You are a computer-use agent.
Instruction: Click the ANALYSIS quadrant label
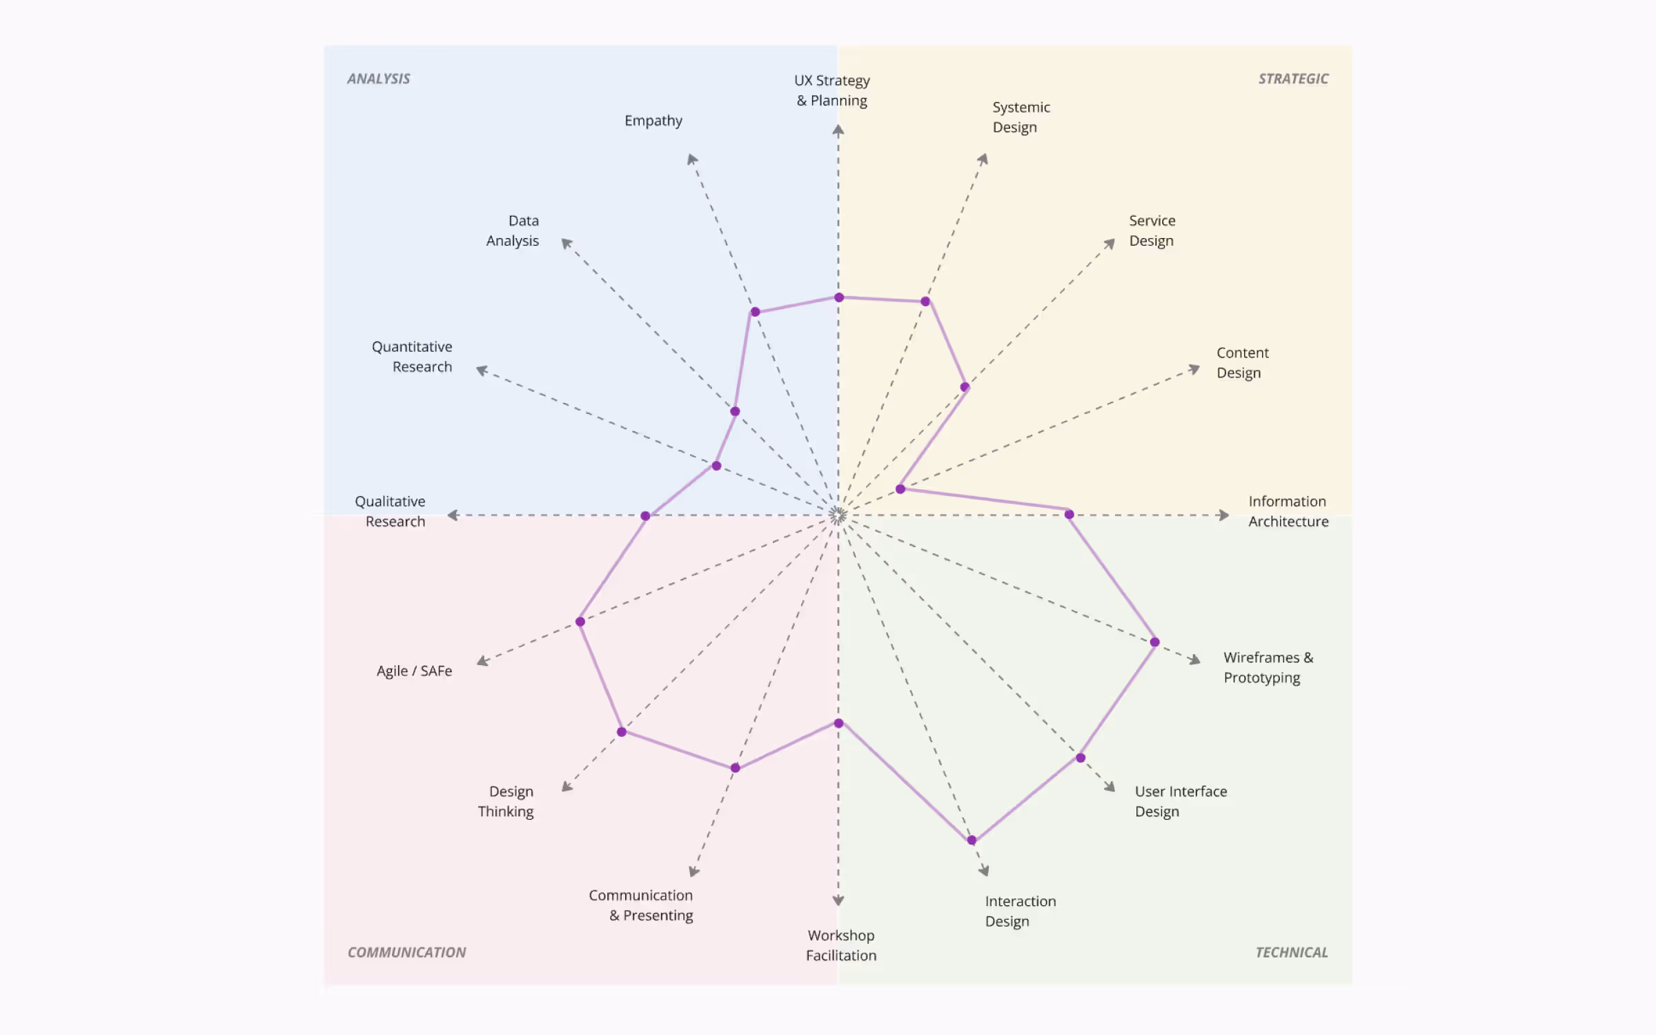coord(378,79)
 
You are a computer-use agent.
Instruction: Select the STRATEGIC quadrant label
coord(1293,79)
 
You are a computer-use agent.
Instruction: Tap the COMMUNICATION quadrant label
coord(406,952)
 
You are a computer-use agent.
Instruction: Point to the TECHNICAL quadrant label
coord(1291,952)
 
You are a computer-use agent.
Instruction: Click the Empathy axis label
coord(653,121)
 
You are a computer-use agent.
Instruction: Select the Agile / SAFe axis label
coord(414,671)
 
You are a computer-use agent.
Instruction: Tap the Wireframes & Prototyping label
coord(1268,667)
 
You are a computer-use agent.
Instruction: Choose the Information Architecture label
coord(1288,511)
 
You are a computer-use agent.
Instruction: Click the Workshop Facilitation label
coord(840,945)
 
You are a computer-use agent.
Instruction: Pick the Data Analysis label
coord(513,230)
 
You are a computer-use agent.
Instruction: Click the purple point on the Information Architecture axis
coord(1069,514)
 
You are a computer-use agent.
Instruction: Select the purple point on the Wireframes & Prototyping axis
coord(1154,642)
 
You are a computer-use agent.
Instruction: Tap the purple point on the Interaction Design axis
coord(972,840)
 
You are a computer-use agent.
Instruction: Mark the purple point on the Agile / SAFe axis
coord(580,622)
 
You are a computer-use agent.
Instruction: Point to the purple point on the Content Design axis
coord(900,489)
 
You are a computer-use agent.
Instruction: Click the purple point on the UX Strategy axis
coord(839,297)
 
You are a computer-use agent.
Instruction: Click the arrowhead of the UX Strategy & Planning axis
coord(838,130)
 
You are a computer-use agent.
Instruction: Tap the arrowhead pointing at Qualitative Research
coord(453,515)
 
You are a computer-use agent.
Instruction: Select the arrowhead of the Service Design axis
coord(1110,244)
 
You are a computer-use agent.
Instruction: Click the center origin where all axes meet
coord(838,515)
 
